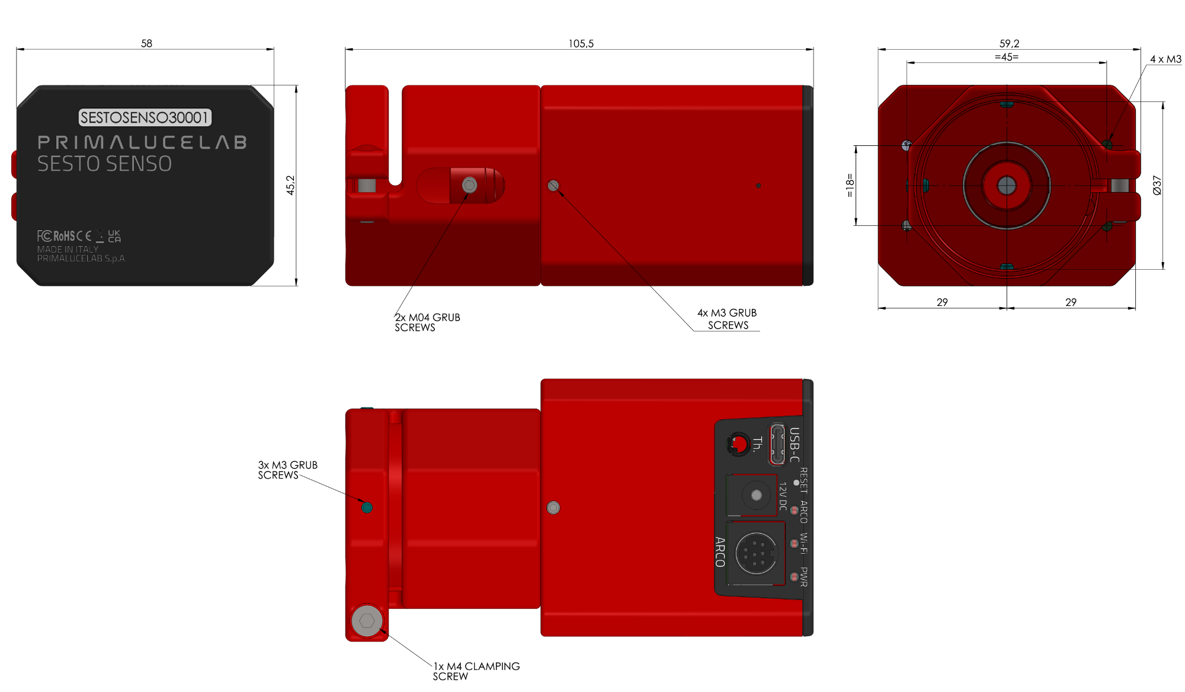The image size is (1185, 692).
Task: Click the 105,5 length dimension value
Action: pyautogui.click(x=581, y=44)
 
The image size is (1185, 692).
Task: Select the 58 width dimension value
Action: pyautogui.click(x=146, y=43)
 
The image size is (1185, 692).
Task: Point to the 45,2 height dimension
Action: pyautogui.click(x=290, y=185)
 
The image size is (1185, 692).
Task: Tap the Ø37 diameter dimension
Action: pyautogui.click(x=1157, y=185)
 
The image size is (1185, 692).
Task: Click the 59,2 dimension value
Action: pyautogui.click(x=1009, y=44)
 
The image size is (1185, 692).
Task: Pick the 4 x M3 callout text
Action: pyautogui.click(x=1165, y=59)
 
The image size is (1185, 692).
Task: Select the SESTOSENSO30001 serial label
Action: pyautogui.click(x=145, y=117)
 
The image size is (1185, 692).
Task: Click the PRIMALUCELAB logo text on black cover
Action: pyautogui.click(x=142, y=142)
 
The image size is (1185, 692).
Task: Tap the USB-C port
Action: pyautogui.click(x=777, y=444)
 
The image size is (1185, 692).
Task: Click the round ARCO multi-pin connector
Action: pyautogui.click(x=756, y=553)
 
